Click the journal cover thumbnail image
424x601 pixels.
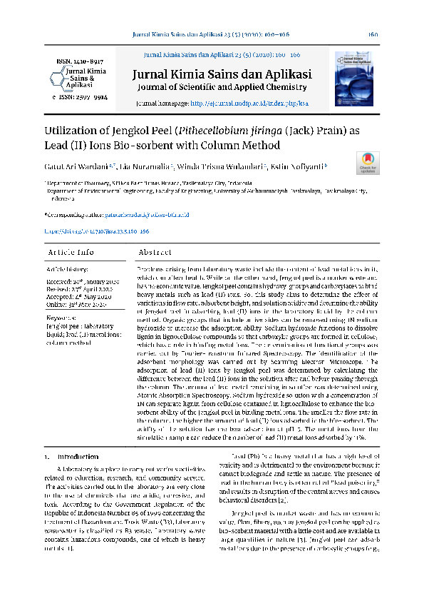(x=353, y=78)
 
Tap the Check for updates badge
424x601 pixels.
(x=367, y=163)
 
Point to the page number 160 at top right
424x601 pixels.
(x=373, y=34)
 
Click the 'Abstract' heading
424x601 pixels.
(x=155, y=253)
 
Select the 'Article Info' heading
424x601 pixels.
(x=70, y=253)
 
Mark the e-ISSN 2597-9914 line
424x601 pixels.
(x=80, y=96)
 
